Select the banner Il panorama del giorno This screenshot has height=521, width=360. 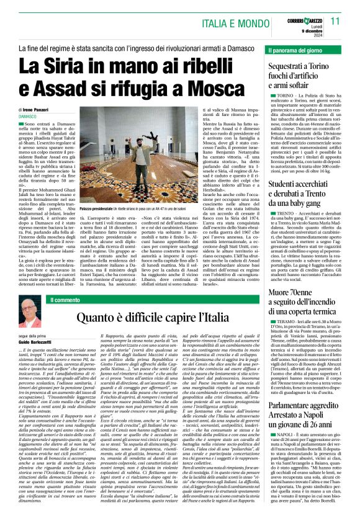pos(295,49)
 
